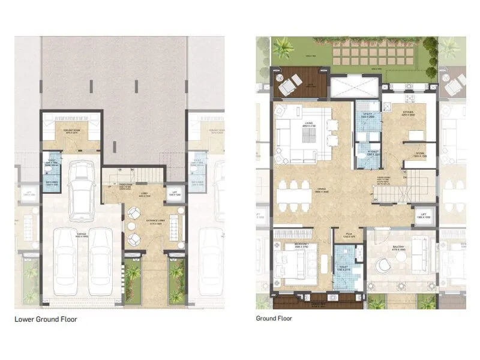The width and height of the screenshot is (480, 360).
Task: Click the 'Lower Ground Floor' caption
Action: click(46, 319)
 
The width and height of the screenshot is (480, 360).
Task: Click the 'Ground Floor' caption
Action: click(274, 318)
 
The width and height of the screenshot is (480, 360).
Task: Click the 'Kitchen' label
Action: click(409, 112)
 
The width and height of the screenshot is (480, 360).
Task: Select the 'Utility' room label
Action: click(368, 114)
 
